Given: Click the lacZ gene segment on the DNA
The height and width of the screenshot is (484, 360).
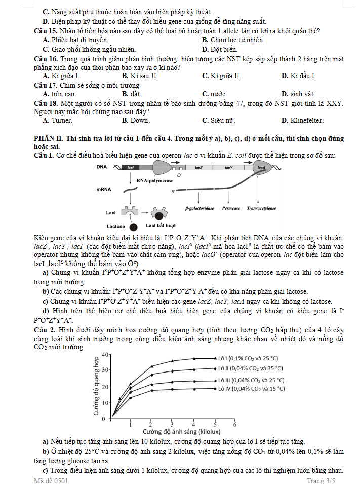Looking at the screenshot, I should coord(198,167).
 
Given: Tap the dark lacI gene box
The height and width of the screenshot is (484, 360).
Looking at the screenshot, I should coord(131,167).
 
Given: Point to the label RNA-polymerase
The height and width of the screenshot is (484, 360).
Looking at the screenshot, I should coord(155,180).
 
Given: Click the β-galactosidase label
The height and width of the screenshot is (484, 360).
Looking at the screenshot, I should coord(199,208).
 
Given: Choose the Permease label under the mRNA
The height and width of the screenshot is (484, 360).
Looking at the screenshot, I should coord(231,208).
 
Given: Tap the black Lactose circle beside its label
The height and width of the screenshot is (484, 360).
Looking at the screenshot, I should coord(133,226).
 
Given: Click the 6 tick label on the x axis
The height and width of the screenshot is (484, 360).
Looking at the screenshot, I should coord(234,424).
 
